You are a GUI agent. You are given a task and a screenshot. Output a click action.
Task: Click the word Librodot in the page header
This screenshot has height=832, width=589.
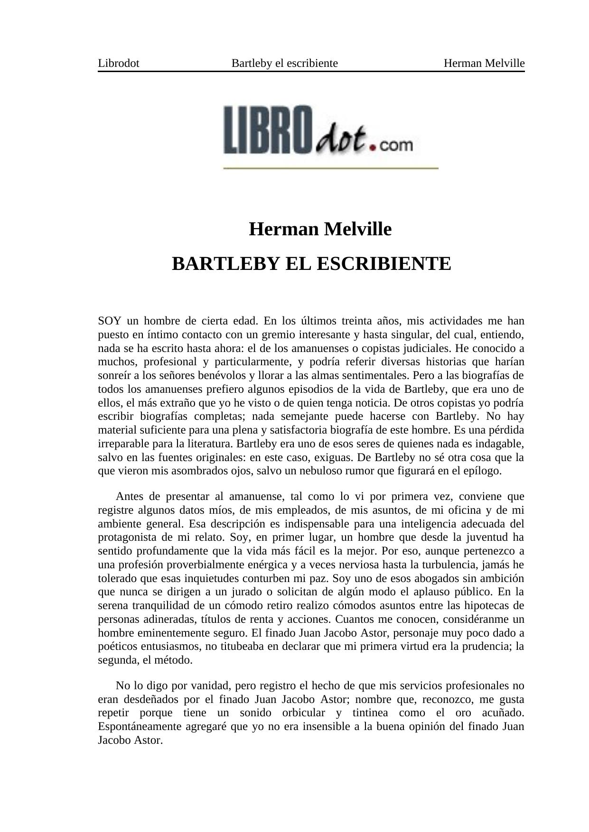tap(118, 63)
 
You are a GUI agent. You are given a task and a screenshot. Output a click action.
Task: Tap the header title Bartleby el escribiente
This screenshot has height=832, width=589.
tap(284, 63)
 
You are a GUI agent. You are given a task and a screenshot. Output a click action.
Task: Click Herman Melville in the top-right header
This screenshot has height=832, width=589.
tap(484, 63)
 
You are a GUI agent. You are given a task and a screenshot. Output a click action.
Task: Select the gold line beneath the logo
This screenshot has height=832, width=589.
tap(330, 168)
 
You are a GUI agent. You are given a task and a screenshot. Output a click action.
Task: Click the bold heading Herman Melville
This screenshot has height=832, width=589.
tap(320, 229)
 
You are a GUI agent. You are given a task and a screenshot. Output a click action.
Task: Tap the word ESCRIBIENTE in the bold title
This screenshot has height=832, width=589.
tap(383, 264)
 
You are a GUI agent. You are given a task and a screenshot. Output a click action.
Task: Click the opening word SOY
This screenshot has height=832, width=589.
tap(110, 321)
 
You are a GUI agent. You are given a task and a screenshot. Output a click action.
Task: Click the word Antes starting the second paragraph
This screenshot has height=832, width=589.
tap(129, 497)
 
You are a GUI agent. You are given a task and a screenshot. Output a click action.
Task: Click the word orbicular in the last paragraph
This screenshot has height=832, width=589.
tap(303, 713)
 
